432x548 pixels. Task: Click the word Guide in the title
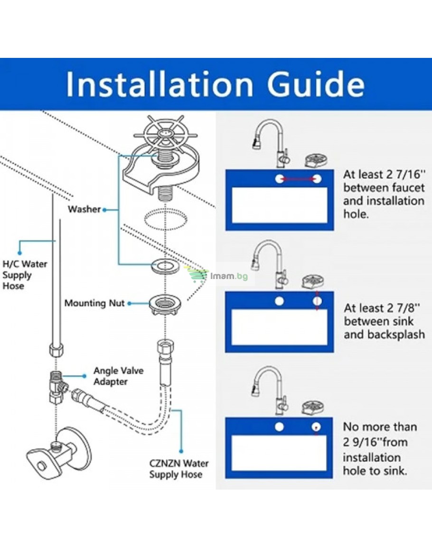tap(316, 84)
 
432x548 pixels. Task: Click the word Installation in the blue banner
tap(160, 84)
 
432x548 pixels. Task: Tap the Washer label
tap(85, 209)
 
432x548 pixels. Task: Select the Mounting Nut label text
tap(94, 303)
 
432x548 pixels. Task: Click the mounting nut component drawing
tap(165, 305)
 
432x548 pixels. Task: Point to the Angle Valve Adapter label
tap(118, 376)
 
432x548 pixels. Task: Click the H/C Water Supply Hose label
tap(25, 275)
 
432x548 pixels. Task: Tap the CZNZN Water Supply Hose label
tap(179, 469)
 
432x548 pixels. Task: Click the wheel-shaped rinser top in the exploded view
tap(165, 133)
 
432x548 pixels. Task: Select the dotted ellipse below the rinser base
tap(166, 219)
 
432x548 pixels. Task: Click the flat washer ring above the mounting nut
tap(166, 266)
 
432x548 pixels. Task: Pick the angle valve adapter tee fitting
tap(58, 387)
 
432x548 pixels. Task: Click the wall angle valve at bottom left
tap(59, 453)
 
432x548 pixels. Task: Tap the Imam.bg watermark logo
tap(217, 275)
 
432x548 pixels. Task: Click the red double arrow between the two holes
tap(298, 179)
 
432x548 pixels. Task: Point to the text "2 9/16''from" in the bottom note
tap(376, 442)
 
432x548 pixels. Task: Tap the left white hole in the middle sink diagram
tap(279, 301)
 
